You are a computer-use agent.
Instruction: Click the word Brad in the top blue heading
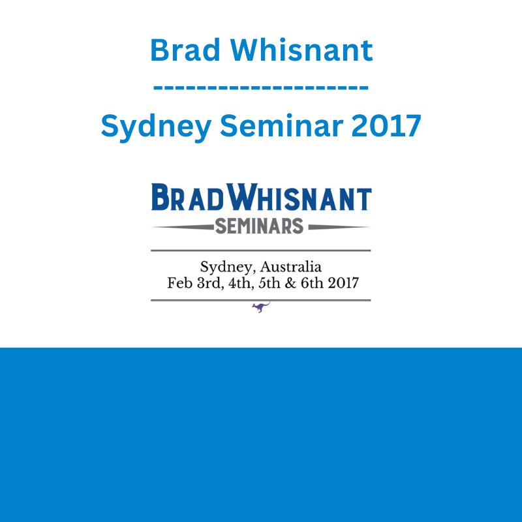coord(185,50)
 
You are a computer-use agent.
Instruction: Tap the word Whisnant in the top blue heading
coord(301,50)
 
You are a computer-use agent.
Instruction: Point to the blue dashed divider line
coord(260,88)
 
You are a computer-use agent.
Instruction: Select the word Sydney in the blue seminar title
coord(156,127)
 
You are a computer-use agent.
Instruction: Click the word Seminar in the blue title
coord(281,125)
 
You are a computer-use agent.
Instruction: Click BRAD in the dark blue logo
coord(187,197)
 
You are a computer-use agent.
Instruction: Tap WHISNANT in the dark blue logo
coord(299,197)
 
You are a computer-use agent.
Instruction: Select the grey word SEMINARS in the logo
coord(259,226)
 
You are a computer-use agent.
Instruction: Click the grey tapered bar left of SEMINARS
coord(183,227)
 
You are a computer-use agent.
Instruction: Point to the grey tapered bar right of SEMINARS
coord(339,227)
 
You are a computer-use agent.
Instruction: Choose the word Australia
coord(290,267)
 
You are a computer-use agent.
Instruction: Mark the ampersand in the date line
coord(290,283)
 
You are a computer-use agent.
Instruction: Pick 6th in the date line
coord(312,283)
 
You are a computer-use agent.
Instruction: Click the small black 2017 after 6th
coord(343,283)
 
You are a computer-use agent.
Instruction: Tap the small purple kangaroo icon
coord(260,307)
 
